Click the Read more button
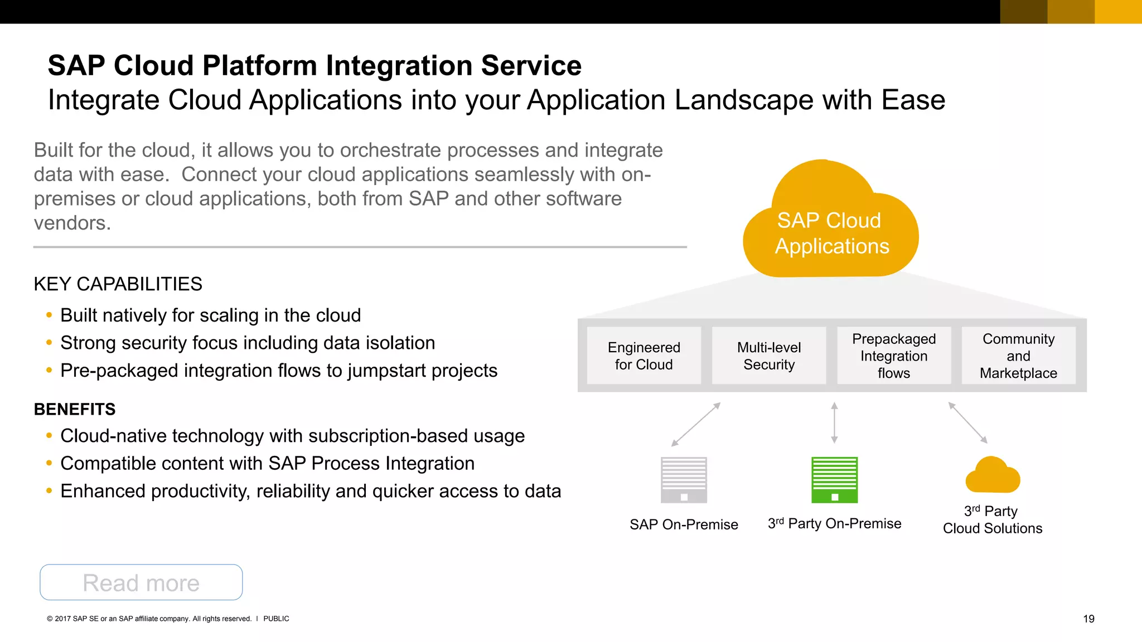[141, 582]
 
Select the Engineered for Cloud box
[644, 356]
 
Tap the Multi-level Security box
[769, 356]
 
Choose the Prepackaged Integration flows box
[894, 356]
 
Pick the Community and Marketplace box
[1018, 356]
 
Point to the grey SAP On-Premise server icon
[684, 480]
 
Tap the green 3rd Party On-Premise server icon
[834, 480]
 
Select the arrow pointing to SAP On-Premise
[696, 425]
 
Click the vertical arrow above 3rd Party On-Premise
[834, 423]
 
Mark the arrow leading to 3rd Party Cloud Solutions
[968, 423]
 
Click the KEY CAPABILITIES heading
[118, 284]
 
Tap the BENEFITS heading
[75, 410]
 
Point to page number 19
[1088, 619]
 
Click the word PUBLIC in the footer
[276, 619]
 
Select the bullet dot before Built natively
[49, 315]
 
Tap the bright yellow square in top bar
[1118, 12]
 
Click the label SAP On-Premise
[684, 524]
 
